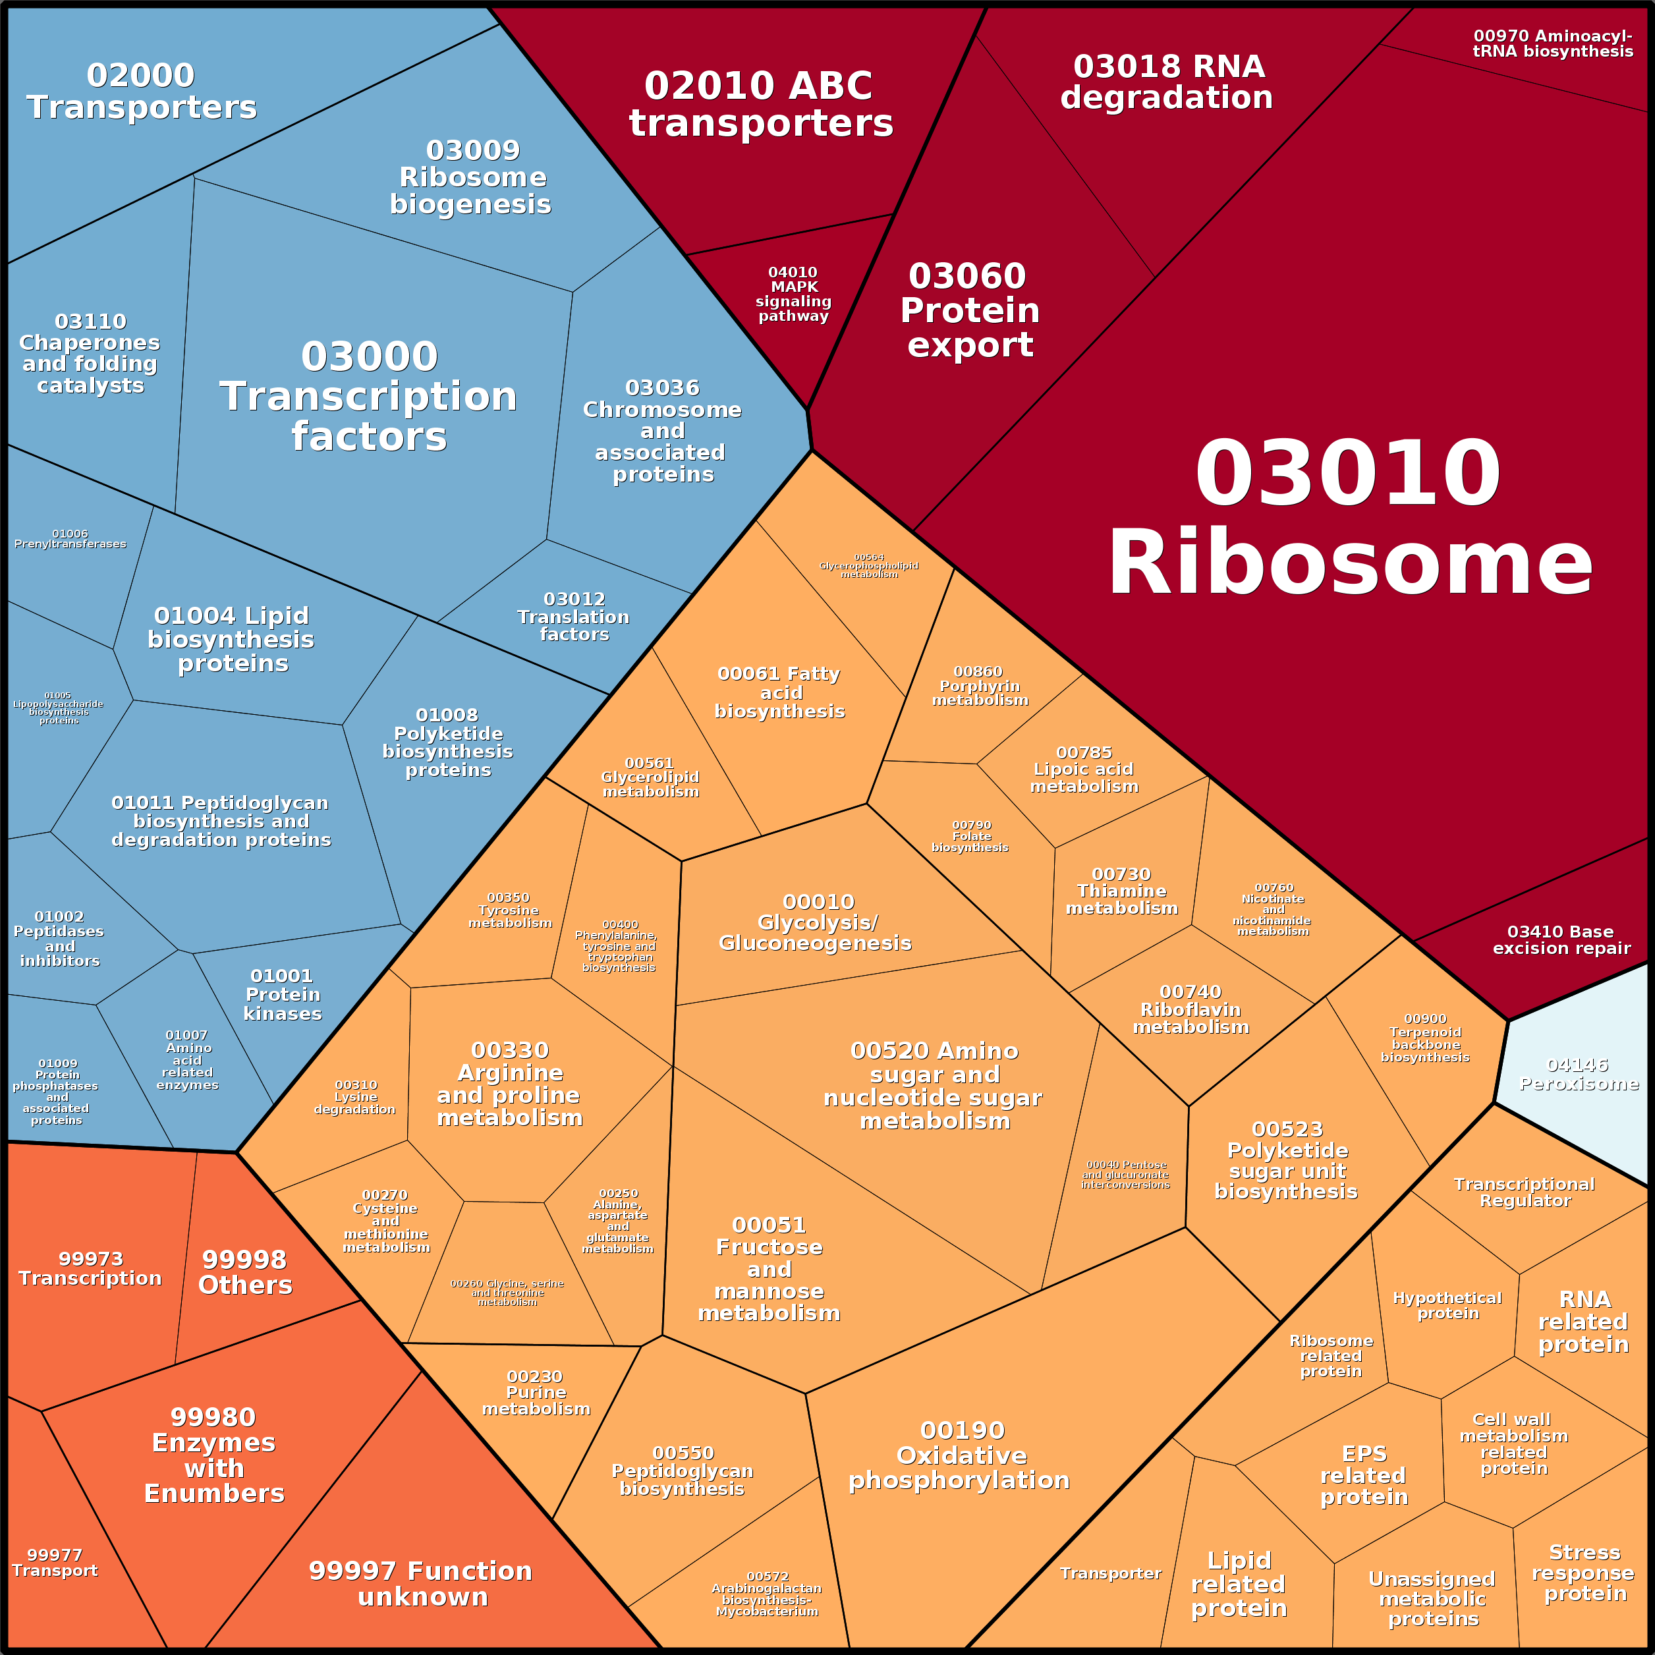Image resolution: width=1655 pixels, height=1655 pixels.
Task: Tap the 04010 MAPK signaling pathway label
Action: (x=793, y=294)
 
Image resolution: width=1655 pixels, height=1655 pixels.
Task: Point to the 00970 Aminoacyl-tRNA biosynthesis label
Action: (x=1553, y=43)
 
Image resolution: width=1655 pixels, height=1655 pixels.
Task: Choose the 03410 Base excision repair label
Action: (x=1561, y=940)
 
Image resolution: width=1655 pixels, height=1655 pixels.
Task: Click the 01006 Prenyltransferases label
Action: (x=70, y=539)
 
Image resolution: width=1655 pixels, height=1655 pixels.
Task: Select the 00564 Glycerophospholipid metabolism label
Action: (x=868, y=566)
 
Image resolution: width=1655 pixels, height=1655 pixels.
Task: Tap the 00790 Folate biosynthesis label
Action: (x=970, y=836)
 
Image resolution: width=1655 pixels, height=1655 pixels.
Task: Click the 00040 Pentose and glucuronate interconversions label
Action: (x=1125, y=1175)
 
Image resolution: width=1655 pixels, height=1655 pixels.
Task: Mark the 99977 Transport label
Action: (x=55, y=1563)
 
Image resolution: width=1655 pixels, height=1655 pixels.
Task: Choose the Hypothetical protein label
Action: (x=1447, y=1306)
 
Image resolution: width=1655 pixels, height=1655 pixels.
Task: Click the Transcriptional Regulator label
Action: (x=1525, y=1192)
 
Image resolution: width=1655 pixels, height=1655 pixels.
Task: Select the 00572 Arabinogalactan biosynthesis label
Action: (x=767, y=1593)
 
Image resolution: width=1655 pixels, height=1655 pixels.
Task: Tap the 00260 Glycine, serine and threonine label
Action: (x=507, y=1293)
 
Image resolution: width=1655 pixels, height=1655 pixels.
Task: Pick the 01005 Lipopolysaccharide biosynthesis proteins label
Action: (x=58, y=708)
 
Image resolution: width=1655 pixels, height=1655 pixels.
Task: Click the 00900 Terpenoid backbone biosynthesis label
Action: (x=1426, y=1038)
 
